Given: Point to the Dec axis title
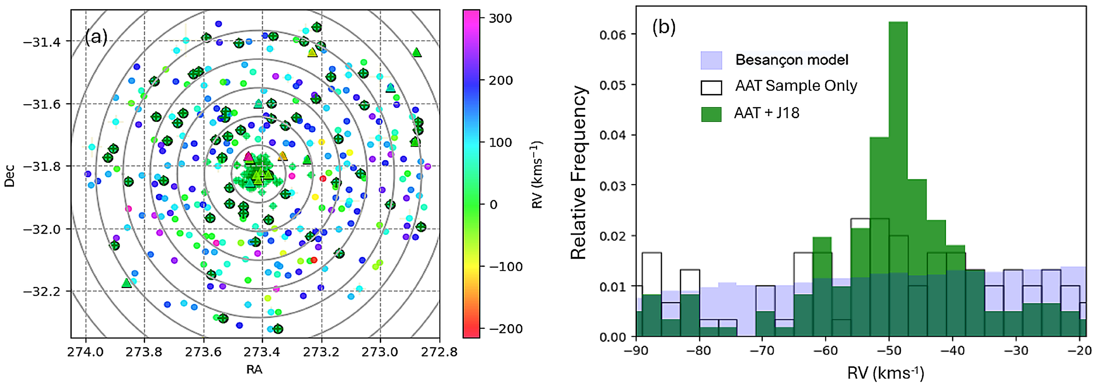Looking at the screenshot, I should click(9, 176).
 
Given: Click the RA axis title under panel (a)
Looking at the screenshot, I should click(254, 370).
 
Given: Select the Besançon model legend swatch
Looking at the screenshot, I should click(711, 60).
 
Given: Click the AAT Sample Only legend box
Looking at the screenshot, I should click(711, 87).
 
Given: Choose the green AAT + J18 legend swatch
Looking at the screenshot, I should click(711, 114).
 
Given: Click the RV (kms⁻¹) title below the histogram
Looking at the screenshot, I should click(886, 373).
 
